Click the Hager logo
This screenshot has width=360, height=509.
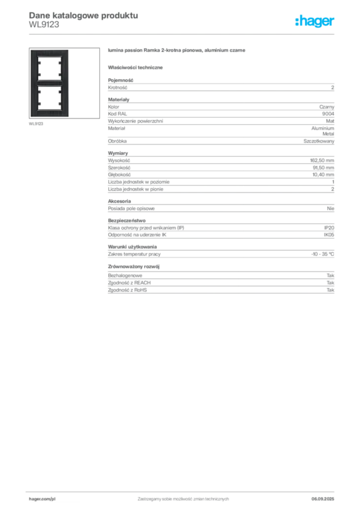315,21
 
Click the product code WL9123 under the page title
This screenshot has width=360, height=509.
44,25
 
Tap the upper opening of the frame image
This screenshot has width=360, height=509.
50,69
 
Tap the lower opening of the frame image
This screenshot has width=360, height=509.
50,97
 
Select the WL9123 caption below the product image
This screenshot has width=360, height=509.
36,124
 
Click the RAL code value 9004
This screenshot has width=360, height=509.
328,114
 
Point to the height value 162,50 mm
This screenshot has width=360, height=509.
322,161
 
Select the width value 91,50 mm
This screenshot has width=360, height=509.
323,168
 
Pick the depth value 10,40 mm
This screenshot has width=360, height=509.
323,174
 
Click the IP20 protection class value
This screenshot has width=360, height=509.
329,228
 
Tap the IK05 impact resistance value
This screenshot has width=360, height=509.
329,235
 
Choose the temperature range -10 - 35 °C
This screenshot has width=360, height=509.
323,254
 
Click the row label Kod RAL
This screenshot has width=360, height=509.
117,114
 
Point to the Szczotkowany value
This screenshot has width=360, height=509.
319,141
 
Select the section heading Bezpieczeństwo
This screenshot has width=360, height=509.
127,220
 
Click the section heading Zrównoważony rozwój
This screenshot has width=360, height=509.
134,266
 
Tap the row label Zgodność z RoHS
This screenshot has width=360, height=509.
127,290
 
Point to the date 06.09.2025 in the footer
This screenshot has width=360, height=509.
323,499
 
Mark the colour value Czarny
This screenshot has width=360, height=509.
327,107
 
